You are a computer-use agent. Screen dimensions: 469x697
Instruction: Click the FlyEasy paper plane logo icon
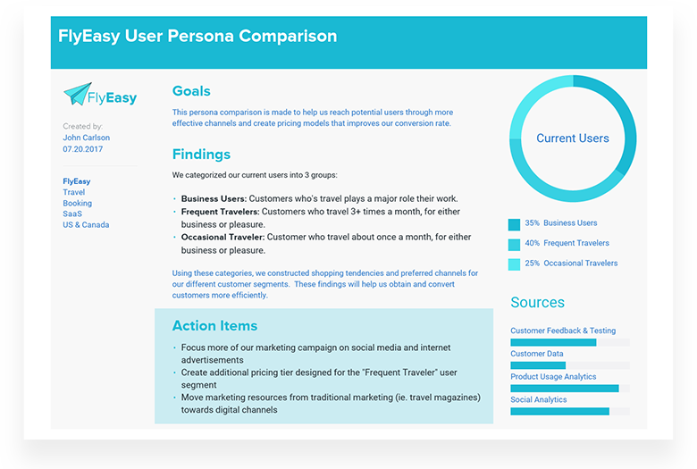78,93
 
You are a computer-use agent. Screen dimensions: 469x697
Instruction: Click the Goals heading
191,91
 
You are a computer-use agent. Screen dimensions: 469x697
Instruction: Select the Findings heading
201,155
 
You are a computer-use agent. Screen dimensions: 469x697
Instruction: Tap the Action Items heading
214,326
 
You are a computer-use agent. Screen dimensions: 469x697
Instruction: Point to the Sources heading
537,303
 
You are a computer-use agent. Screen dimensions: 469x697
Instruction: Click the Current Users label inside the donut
573,138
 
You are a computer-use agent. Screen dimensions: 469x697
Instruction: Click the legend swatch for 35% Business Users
514,224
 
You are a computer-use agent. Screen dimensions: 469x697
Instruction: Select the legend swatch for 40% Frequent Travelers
514,244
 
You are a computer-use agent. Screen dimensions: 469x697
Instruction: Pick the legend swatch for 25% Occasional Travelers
514,264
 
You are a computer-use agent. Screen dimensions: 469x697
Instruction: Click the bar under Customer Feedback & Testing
553,342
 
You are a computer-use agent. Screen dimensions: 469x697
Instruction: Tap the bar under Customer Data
538,365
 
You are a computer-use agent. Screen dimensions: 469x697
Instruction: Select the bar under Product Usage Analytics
564,389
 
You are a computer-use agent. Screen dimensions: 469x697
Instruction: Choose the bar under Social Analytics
559,411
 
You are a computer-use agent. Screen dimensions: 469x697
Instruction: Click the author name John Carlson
88,138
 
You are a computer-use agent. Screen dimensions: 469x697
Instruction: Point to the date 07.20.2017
82,149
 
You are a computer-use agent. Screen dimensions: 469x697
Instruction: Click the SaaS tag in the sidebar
72,214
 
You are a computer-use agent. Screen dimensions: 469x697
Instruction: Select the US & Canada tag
86,225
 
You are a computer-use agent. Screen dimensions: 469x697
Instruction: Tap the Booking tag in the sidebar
78,204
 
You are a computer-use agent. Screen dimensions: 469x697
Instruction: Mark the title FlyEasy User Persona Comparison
197,37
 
